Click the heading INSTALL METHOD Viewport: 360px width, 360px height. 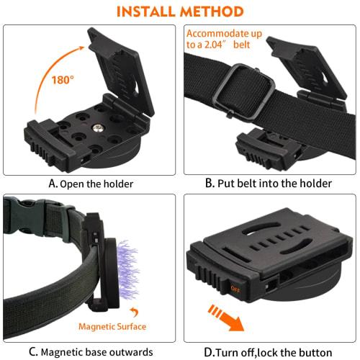pyautogui.click(x=179, y=12)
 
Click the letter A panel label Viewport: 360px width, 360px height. pyautogui.click(x=53, y=184)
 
